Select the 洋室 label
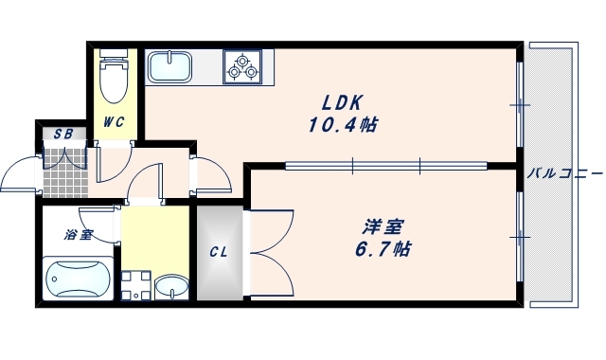(x=383, y=227)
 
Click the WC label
(x=115, y=121)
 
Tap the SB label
(x=63, y=133)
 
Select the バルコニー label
(x=564, y=173)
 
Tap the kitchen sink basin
(x=170, y=66)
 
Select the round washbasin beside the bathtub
(x=170, y=286)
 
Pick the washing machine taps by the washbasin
(x=135, y=284)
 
